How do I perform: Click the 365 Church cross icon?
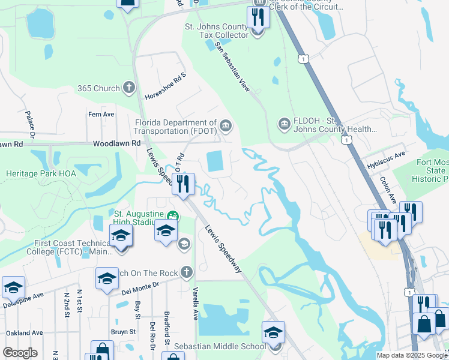click(x=128, y=88)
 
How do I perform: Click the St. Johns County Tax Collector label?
click(x=216, y=31)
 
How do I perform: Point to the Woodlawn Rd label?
click(x=116, y=143)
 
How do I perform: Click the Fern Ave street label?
click(x=101, y=114)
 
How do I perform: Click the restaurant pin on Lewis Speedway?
click(x=184, y=184)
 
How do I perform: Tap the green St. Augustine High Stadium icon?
click(x=173, y=216)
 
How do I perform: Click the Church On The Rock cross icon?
click(x=187, y=273)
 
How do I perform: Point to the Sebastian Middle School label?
click(x=220, y=346)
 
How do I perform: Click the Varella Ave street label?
click(x=195, y=303)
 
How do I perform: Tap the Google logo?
click(x=20, y=353)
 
